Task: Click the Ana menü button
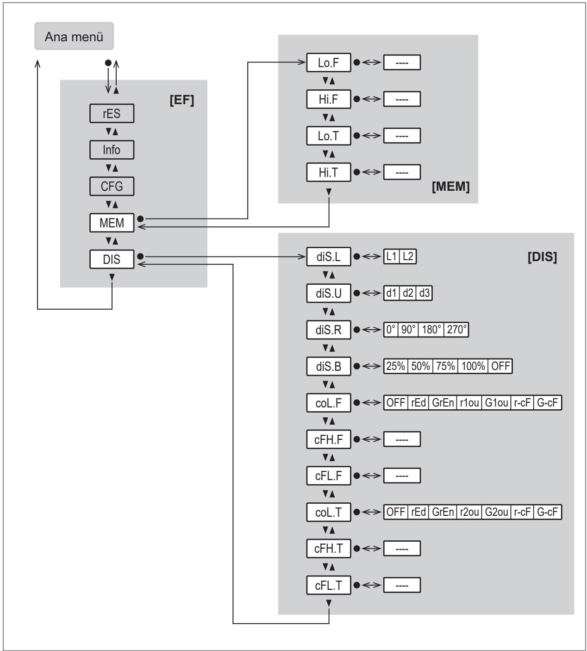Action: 74,36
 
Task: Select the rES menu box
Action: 112,113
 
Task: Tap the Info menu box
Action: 112,150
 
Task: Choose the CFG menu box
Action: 112,186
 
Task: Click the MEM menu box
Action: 112,223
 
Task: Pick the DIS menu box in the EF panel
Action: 112,259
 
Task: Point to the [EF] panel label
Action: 182,100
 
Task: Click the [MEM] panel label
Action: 451,186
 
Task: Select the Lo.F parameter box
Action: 328,63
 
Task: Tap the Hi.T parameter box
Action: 328,172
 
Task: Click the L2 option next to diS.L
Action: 408,257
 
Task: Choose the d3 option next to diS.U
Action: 425,293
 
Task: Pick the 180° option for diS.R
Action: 431,330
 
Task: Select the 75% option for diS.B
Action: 445,366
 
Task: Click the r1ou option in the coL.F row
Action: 469,403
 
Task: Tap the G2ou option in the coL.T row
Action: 496,512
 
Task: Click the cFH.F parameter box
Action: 328,439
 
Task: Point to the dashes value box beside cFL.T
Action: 402,585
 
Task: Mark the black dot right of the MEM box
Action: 140,219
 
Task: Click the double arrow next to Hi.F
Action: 371,99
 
